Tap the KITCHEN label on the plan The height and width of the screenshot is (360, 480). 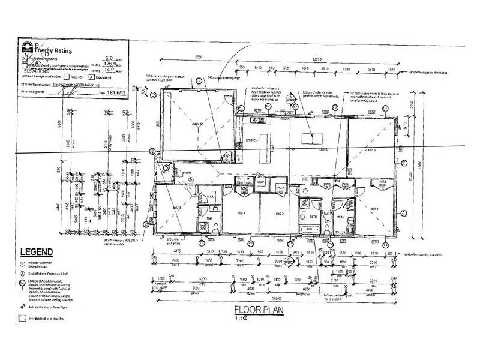click(x=251, y=140)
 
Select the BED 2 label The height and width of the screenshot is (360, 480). click(x=374, y=208)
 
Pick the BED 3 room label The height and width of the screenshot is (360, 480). click(x=279, y=213)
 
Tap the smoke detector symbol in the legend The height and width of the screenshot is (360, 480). click(x=23, y=263)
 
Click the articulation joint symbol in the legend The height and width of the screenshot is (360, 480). click(x=23, y=281)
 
